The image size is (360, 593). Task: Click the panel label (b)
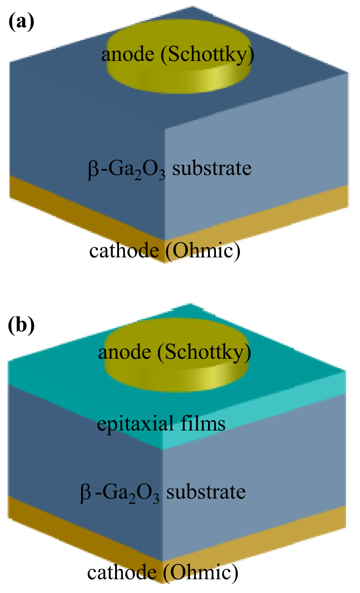21,325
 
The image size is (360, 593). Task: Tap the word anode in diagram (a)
125,55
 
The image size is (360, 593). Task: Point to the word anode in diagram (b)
122,352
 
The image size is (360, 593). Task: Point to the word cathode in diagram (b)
121,573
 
